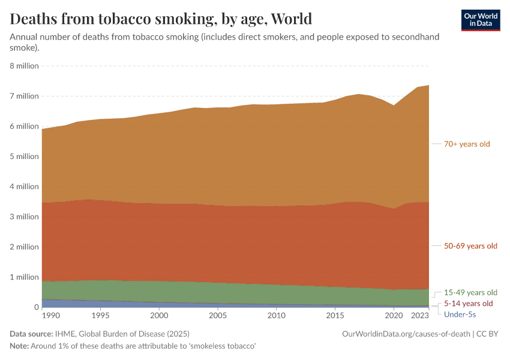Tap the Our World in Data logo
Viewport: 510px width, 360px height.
(481, 20)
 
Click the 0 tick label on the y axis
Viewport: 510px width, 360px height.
(36, 307)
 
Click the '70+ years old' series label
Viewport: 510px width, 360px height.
(467, 144)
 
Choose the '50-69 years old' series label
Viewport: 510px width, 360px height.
(470, 246)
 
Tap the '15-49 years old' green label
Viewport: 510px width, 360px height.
(470, 292)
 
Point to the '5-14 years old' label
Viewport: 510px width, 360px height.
(468, 304)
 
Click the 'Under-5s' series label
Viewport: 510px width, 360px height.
(460, 314)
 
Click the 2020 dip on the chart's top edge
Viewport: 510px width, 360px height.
(394, 106)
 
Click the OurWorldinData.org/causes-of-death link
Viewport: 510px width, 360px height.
(406, 334)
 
